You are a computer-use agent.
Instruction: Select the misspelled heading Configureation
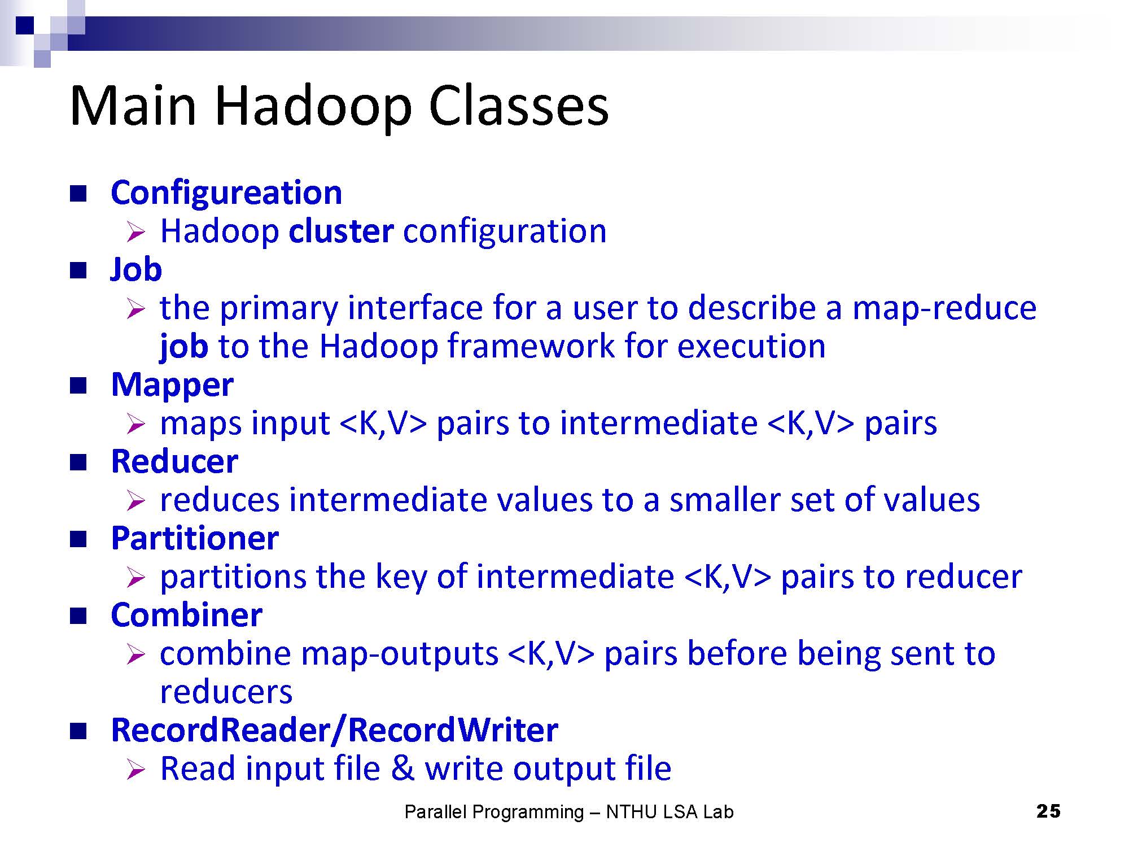226,194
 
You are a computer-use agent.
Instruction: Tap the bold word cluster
341,231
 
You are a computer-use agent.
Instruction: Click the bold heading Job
136,269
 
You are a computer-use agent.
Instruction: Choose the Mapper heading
172,385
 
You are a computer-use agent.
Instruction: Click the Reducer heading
174,462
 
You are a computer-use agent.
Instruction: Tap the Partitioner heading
195,538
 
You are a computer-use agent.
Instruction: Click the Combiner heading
186,615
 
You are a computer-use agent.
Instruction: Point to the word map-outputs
400,654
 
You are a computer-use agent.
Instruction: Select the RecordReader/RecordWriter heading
335,730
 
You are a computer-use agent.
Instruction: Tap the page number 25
1048,811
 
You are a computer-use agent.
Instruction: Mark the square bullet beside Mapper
78,386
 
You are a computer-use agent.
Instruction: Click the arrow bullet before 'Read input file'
136,770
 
